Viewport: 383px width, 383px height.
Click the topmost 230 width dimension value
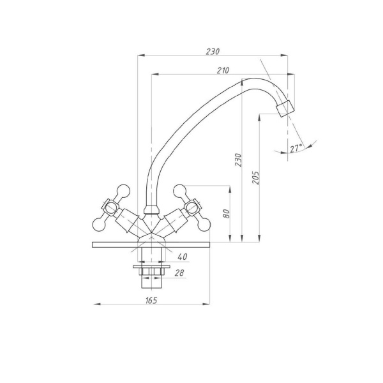[213, 52]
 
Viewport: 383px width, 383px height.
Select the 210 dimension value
[223, 70]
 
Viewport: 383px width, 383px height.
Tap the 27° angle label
[296, 148]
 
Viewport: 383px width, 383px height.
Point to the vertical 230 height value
[238, 160]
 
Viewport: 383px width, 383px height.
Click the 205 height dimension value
[255, 177]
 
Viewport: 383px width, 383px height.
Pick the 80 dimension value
[226, 214]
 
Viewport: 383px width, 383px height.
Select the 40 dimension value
[182, 257]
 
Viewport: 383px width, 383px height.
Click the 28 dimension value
[179, 273]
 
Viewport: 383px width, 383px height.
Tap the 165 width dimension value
[151, 300]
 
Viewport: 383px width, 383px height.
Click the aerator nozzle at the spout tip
[285, 109]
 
